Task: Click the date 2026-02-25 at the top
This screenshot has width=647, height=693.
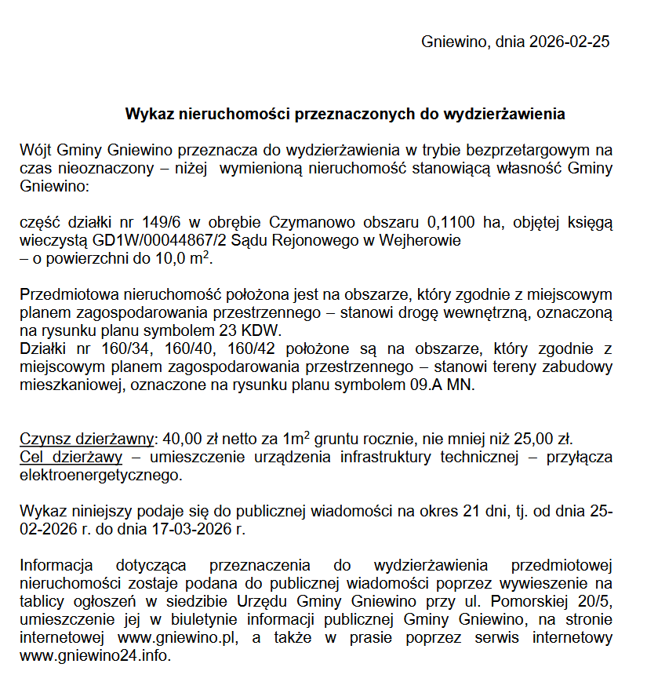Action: pos(569,42)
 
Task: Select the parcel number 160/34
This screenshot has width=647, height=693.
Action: pos(128,348)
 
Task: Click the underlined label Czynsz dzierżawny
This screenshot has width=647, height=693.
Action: pos(88,439)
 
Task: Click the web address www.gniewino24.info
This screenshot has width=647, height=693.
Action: pos(94,655)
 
